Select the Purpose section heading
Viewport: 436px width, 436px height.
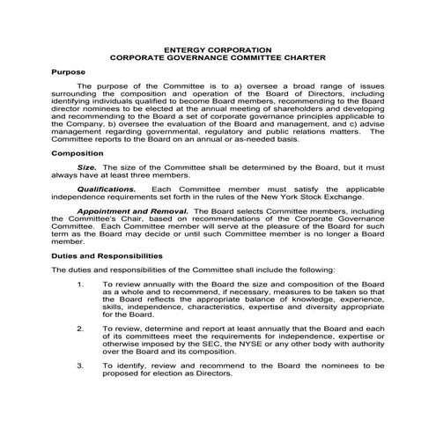68,70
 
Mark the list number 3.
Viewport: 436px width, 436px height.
81,363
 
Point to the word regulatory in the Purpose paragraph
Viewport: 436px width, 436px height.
213,136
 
